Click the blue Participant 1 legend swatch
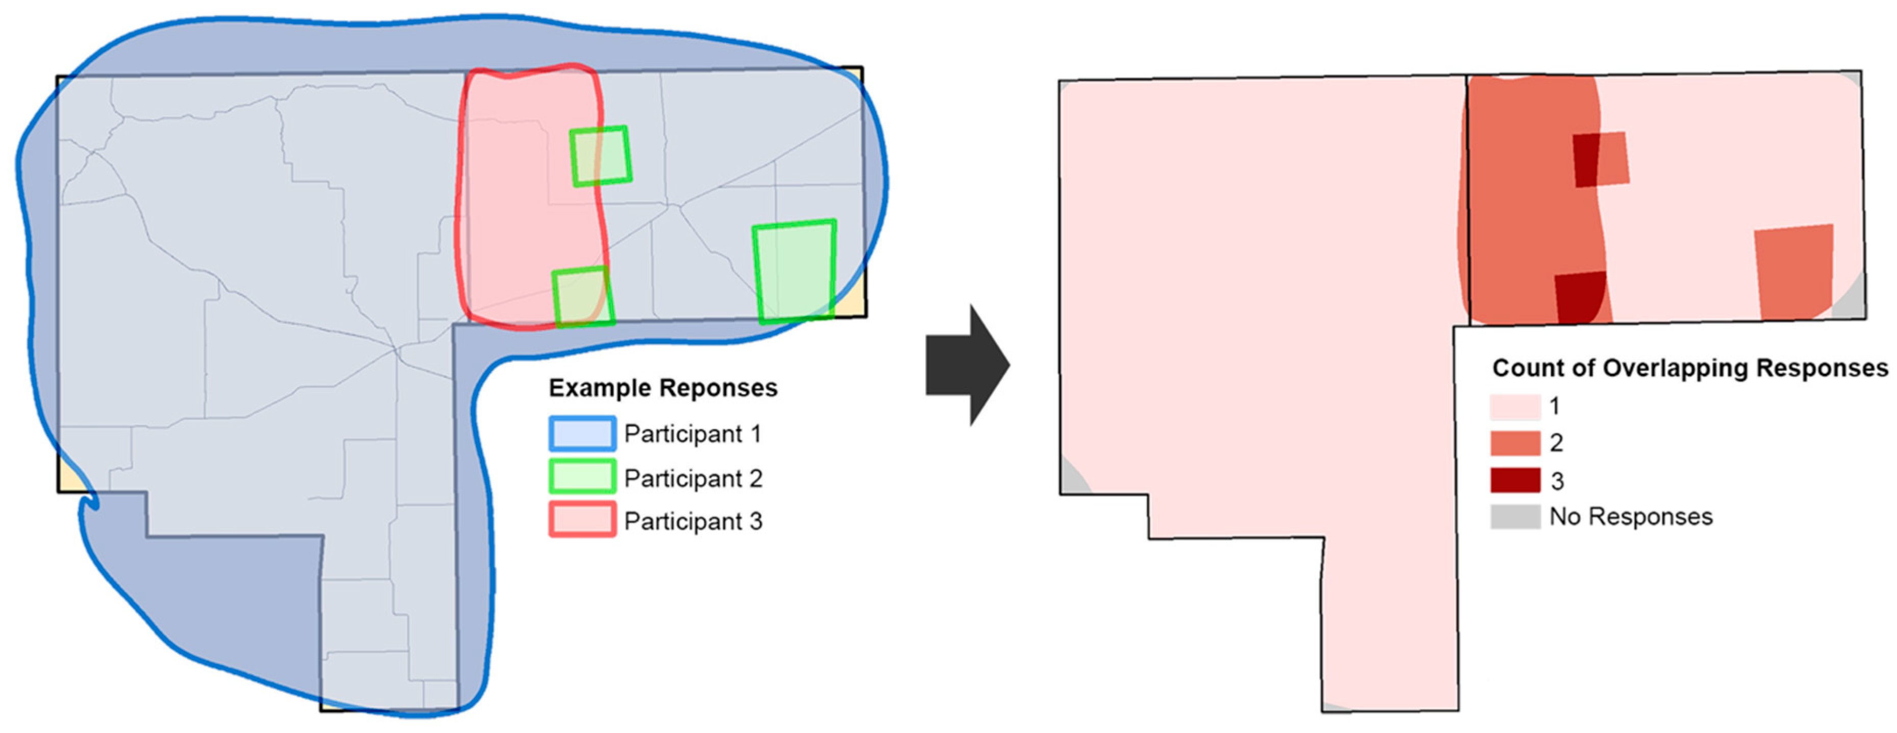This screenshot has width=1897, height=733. point(582,434)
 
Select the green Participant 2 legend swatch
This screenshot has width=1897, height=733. point(582,477)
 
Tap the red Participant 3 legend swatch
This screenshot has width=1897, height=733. point(582,520)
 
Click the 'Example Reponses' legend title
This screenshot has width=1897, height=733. point(663,388)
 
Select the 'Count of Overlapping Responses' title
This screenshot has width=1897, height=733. point(1690,367)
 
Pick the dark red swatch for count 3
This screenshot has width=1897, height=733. point(1515,481)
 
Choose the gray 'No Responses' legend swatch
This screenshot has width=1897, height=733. point(1515,517)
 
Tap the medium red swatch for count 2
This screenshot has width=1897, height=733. point(1515,443)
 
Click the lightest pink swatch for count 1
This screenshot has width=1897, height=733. point(1515,406)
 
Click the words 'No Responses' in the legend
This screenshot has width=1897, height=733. point(1631,517)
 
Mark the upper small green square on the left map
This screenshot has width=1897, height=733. point(601,156)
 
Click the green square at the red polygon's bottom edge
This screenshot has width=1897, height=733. point(582,296)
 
